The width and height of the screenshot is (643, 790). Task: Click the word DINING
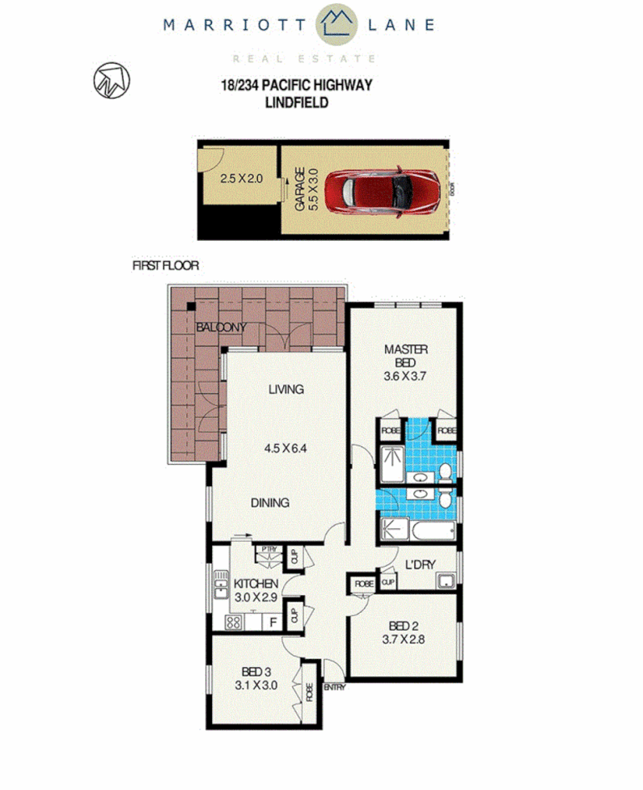pos(269,502)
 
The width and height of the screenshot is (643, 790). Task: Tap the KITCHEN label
pos(256,584)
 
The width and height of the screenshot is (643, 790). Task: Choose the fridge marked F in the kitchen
pos(273,623)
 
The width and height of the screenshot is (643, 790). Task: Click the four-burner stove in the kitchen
pos(235,623)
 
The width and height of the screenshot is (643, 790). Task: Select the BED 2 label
pos(402,626)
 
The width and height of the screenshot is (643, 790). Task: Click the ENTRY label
pos(334,687)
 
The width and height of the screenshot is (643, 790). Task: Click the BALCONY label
pos(222,327)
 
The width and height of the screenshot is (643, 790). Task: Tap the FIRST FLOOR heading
pos(165,265)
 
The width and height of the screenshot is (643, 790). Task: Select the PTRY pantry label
pos(267,550)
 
